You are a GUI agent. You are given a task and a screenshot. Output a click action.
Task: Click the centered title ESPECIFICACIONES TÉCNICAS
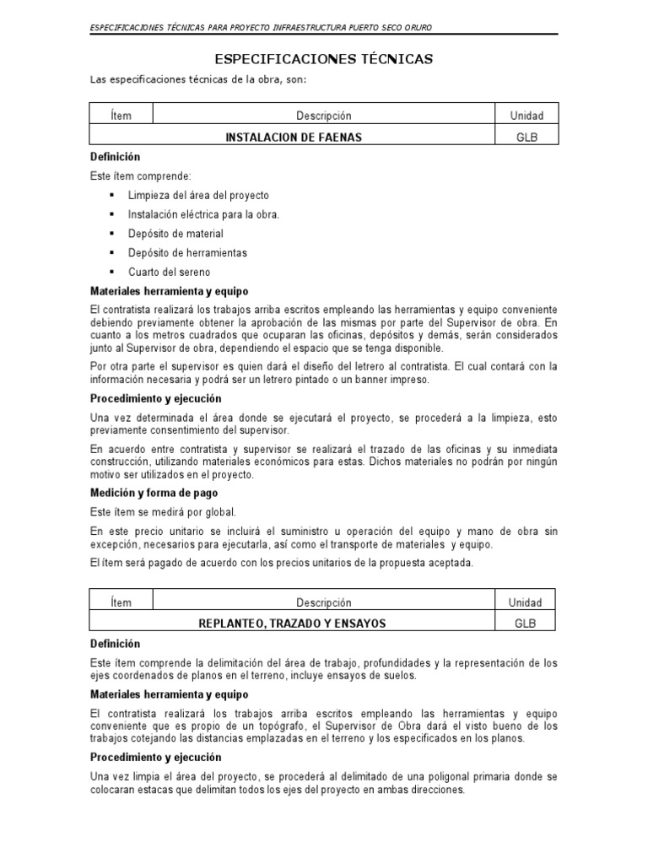point(324,59)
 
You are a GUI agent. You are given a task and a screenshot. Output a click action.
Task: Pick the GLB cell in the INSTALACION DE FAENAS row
point(526,137)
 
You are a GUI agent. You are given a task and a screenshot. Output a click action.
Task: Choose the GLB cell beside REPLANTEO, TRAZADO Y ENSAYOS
point(526,624)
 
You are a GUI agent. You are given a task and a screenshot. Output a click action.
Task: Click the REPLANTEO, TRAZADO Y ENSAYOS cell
point(292,624)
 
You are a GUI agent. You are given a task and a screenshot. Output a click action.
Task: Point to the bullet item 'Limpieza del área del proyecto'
point(198,196)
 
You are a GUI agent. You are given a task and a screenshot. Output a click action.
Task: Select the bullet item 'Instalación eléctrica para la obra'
point(203,214)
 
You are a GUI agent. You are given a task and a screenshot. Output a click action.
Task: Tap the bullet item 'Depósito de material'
point(175,234)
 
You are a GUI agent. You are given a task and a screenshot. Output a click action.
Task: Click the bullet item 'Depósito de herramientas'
point(187,252)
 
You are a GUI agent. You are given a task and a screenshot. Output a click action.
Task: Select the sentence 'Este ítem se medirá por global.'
point(164,512)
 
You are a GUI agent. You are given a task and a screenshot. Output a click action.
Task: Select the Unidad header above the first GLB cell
point(526,116)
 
